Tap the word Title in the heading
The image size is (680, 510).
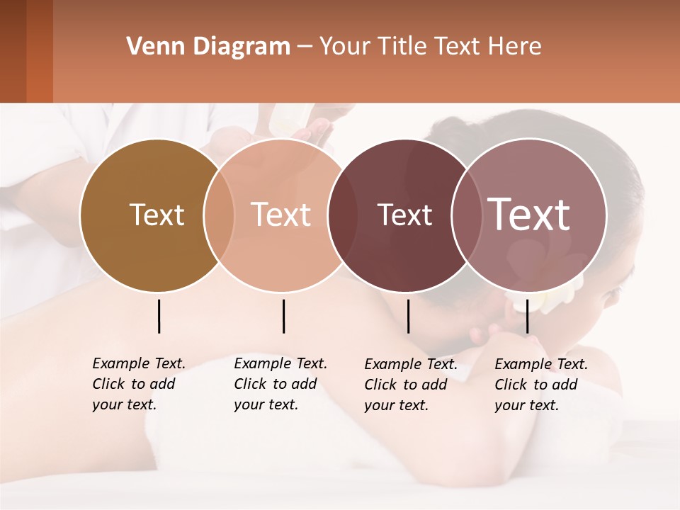coord(402,47)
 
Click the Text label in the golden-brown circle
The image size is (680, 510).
coord(157,215)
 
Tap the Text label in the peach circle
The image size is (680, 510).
coord(281,215)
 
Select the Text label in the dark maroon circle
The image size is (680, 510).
coord(404,215)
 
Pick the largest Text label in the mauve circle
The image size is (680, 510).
coord(529,215)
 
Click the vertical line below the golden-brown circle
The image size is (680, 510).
coord(159,316)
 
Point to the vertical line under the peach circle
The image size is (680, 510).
coord(283,316)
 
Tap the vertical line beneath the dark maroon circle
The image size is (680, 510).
coord(408,316)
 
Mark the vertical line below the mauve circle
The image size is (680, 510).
coord(527,316)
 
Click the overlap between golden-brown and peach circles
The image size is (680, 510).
coord(219,215)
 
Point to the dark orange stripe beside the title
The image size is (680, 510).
coord(39,51)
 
